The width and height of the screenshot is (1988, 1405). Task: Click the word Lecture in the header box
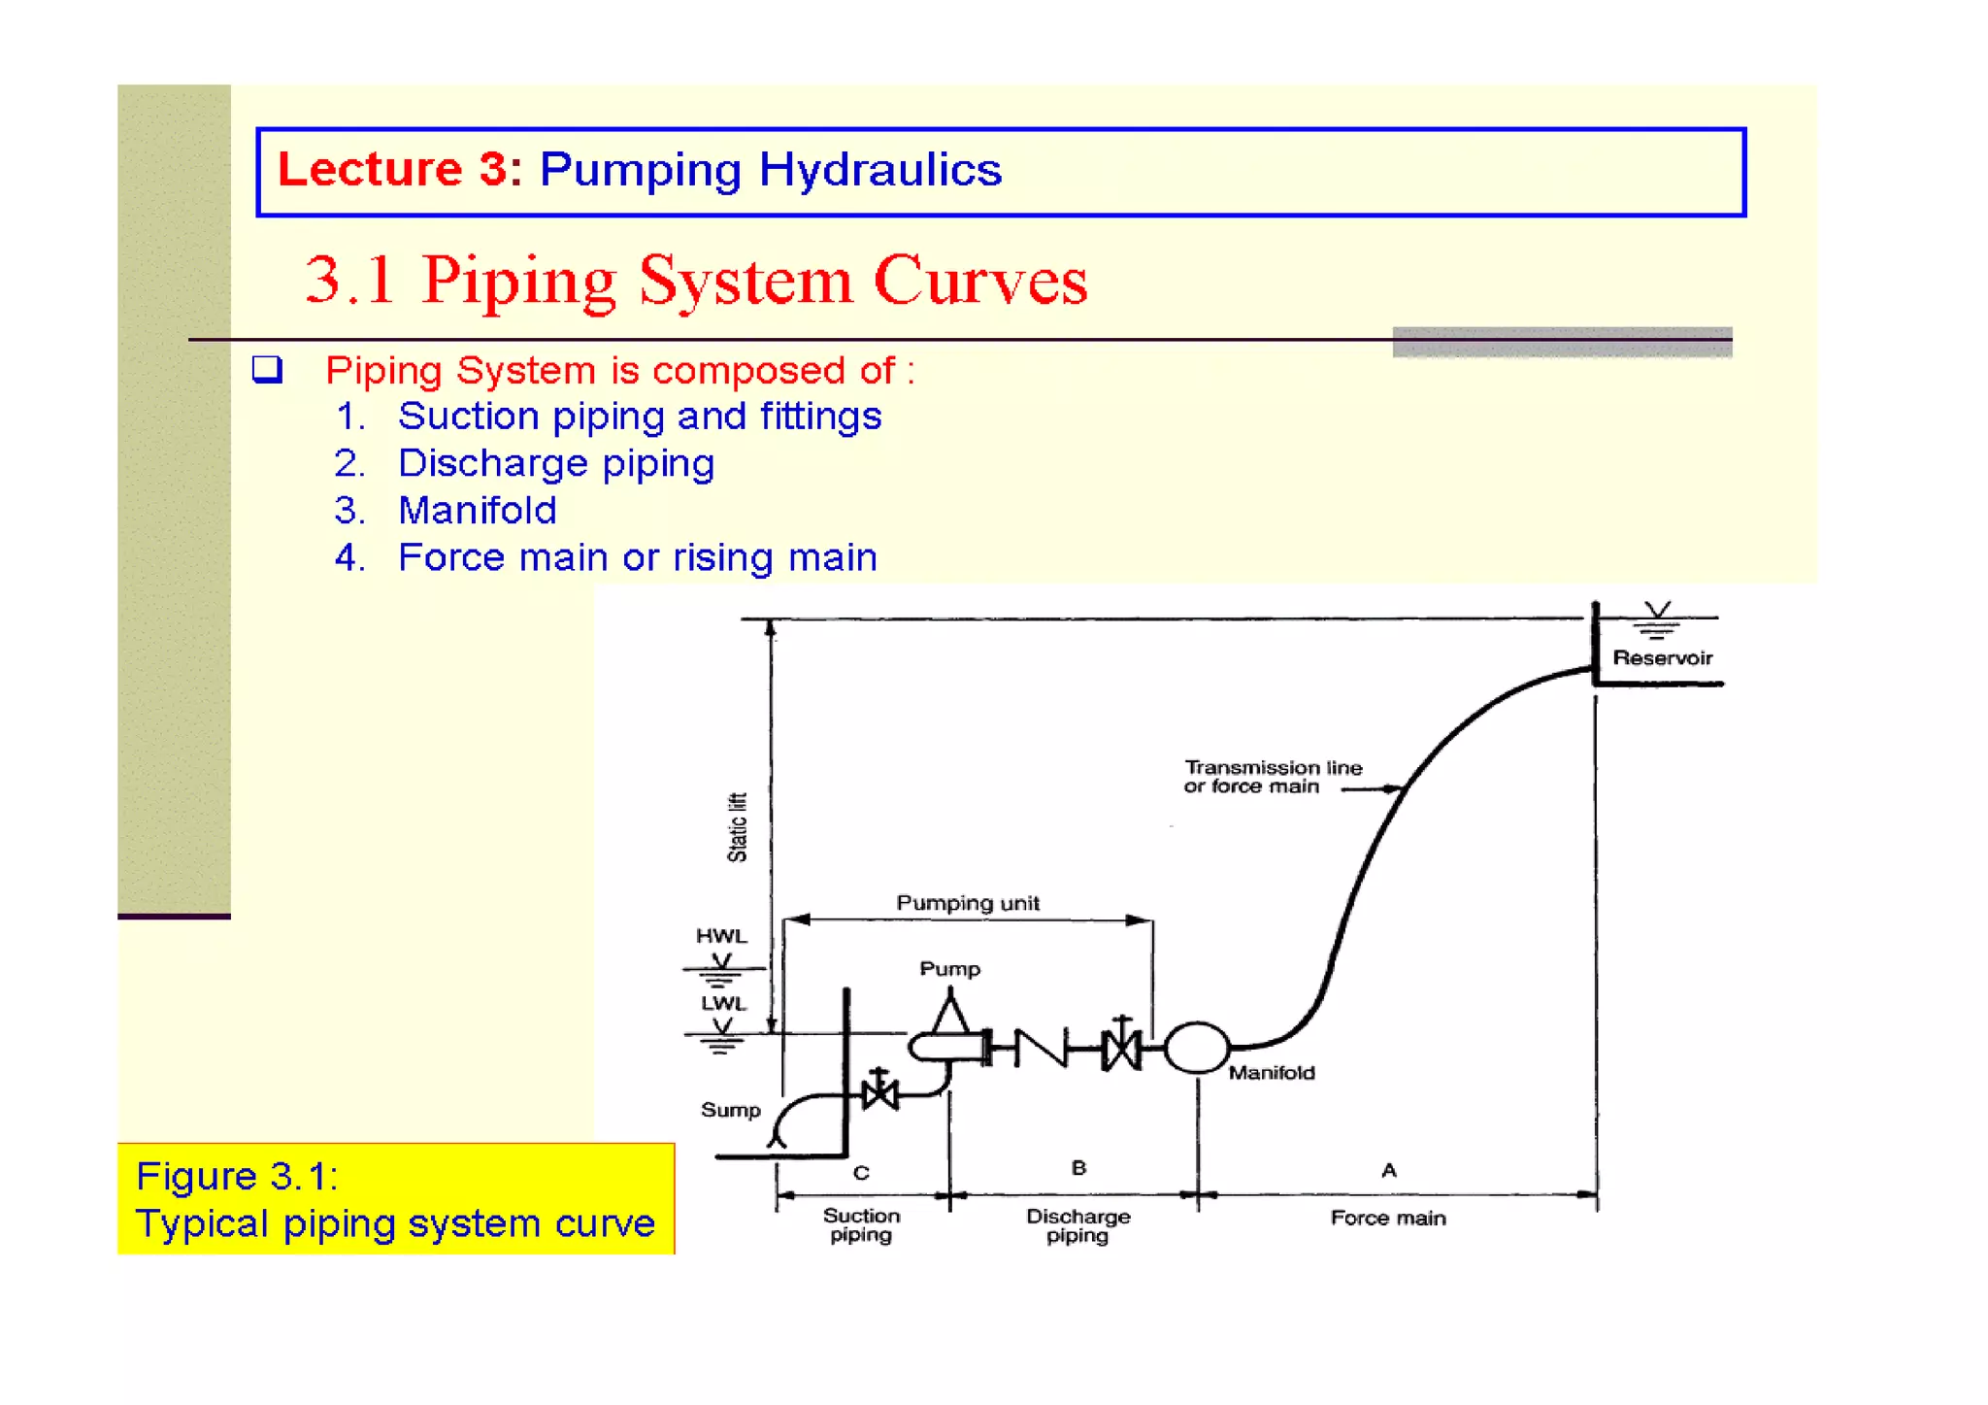coord(369,170)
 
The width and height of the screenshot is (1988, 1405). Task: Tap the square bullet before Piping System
coord(267,369)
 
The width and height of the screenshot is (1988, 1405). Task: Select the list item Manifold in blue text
coord(477,511)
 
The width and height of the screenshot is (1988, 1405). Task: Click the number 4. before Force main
coord(349,558)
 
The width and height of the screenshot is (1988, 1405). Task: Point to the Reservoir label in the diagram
coord(1662,658)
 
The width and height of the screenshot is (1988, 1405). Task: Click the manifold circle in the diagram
coord(1197,1048)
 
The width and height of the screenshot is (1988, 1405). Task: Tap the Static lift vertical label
coord(738,827)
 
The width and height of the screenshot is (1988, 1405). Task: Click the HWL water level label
coord(721,936)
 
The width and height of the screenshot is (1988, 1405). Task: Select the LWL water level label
coord(723,1003)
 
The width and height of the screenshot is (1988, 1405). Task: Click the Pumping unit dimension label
coord(967,903)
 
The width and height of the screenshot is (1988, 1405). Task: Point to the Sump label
coord(730,1110)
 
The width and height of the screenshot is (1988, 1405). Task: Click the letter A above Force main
coord(1389,1170)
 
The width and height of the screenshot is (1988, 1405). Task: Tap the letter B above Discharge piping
coord(1078,1167)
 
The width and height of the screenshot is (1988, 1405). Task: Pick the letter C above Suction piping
coord(861,1172)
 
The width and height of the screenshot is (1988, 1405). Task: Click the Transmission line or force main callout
coord(1272,777)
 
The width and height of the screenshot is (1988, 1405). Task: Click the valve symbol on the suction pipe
coord(879,1093)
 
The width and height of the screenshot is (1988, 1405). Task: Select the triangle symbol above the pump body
coord(950,1014)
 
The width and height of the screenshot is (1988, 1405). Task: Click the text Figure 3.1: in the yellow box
coord(237,1176)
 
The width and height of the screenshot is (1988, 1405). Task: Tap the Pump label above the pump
coord(949,968)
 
